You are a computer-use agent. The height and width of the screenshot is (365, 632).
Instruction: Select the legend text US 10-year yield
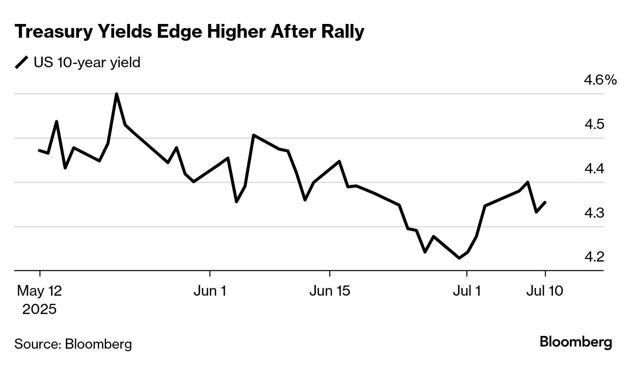tap(87, 63)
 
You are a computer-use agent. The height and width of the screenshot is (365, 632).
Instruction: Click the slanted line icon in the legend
tap(22, 63)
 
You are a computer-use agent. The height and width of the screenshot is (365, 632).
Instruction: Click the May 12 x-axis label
tap(39, 291)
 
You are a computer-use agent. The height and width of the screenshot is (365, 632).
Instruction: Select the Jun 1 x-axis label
tap(210, 291)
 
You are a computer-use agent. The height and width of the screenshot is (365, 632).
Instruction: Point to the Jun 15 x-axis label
tap(330, 291)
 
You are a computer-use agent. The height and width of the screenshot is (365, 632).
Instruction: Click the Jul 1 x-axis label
tap(467, 291)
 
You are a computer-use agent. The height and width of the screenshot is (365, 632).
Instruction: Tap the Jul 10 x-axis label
tap(545, 291)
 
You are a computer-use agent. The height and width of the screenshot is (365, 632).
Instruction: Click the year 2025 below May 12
tap(39, 309)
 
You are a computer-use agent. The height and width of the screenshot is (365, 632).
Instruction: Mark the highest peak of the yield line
tap(117, 94)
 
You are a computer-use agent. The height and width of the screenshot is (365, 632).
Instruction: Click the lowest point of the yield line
tap(459, 258)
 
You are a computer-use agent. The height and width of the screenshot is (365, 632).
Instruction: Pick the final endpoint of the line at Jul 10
tap(545, 202)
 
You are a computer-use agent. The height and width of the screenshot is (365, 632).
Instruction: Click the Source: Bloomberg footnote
tap(73, 344)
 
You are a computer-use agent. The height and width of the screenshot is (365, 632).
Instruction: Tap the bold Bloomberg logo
tap(576, 342)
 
